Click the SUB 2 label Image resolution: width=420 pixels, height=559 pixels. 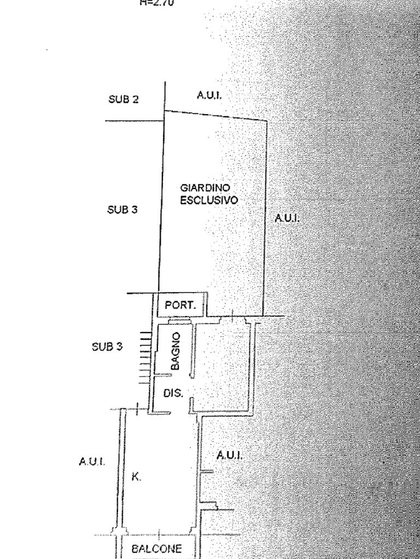pyautogui.click(x=123, y=99)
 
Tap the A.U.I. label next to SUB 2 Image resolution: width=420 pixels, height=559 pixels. pyautogui.click(x=209, y=95)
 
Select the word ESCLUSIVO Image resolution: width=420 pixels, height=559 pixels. pyautogui.click(x=209, y=200)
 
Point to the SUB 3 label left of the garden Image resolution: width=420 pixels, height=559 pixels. pyautogui.click(x=122, y=209)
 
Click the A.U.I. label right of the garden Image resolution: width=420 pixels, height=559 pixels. pyautogui.click(x=287, y=218)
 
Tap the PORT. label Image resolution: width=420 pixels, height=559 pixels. pyautogui.click(x=180, y=306)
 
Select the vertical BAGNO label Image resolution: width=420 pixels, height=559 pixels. pyautogui.click(x=175, y=351)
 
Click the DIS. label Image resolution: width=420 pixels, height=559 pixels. pyautogui.click(x=173, y=393)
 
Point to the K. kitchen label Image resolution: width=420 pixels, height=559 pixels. pyautogui.click(x=136, y=477)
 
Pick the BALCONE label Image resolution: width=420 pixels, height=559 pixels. pyautogui.click(x=156, y=549)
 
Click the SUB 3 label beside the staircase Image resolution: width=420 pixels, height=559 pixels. pyautogui.click(x=107, y=346)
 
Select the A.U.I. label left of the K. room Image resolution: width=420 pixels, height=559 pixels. pyautogui.click(x=92, y=461)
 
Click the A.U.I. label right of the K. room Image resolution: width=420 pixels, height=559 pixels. pyautogui.click(x=229, y=455)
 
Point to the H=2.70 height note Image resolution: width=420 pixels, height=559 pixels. pyautogui.click(x=157, y=3)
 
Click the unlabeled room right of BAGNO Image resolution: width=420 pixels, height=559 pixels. pyautogui.click(x=223, y=366)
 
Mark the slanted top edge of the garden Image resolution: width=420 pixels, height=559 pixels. pyautogui.click(x=216, y=116)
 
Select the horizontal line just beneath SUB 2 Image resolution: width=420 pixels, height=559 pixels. pyautogui.click(x=134, y=120)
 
